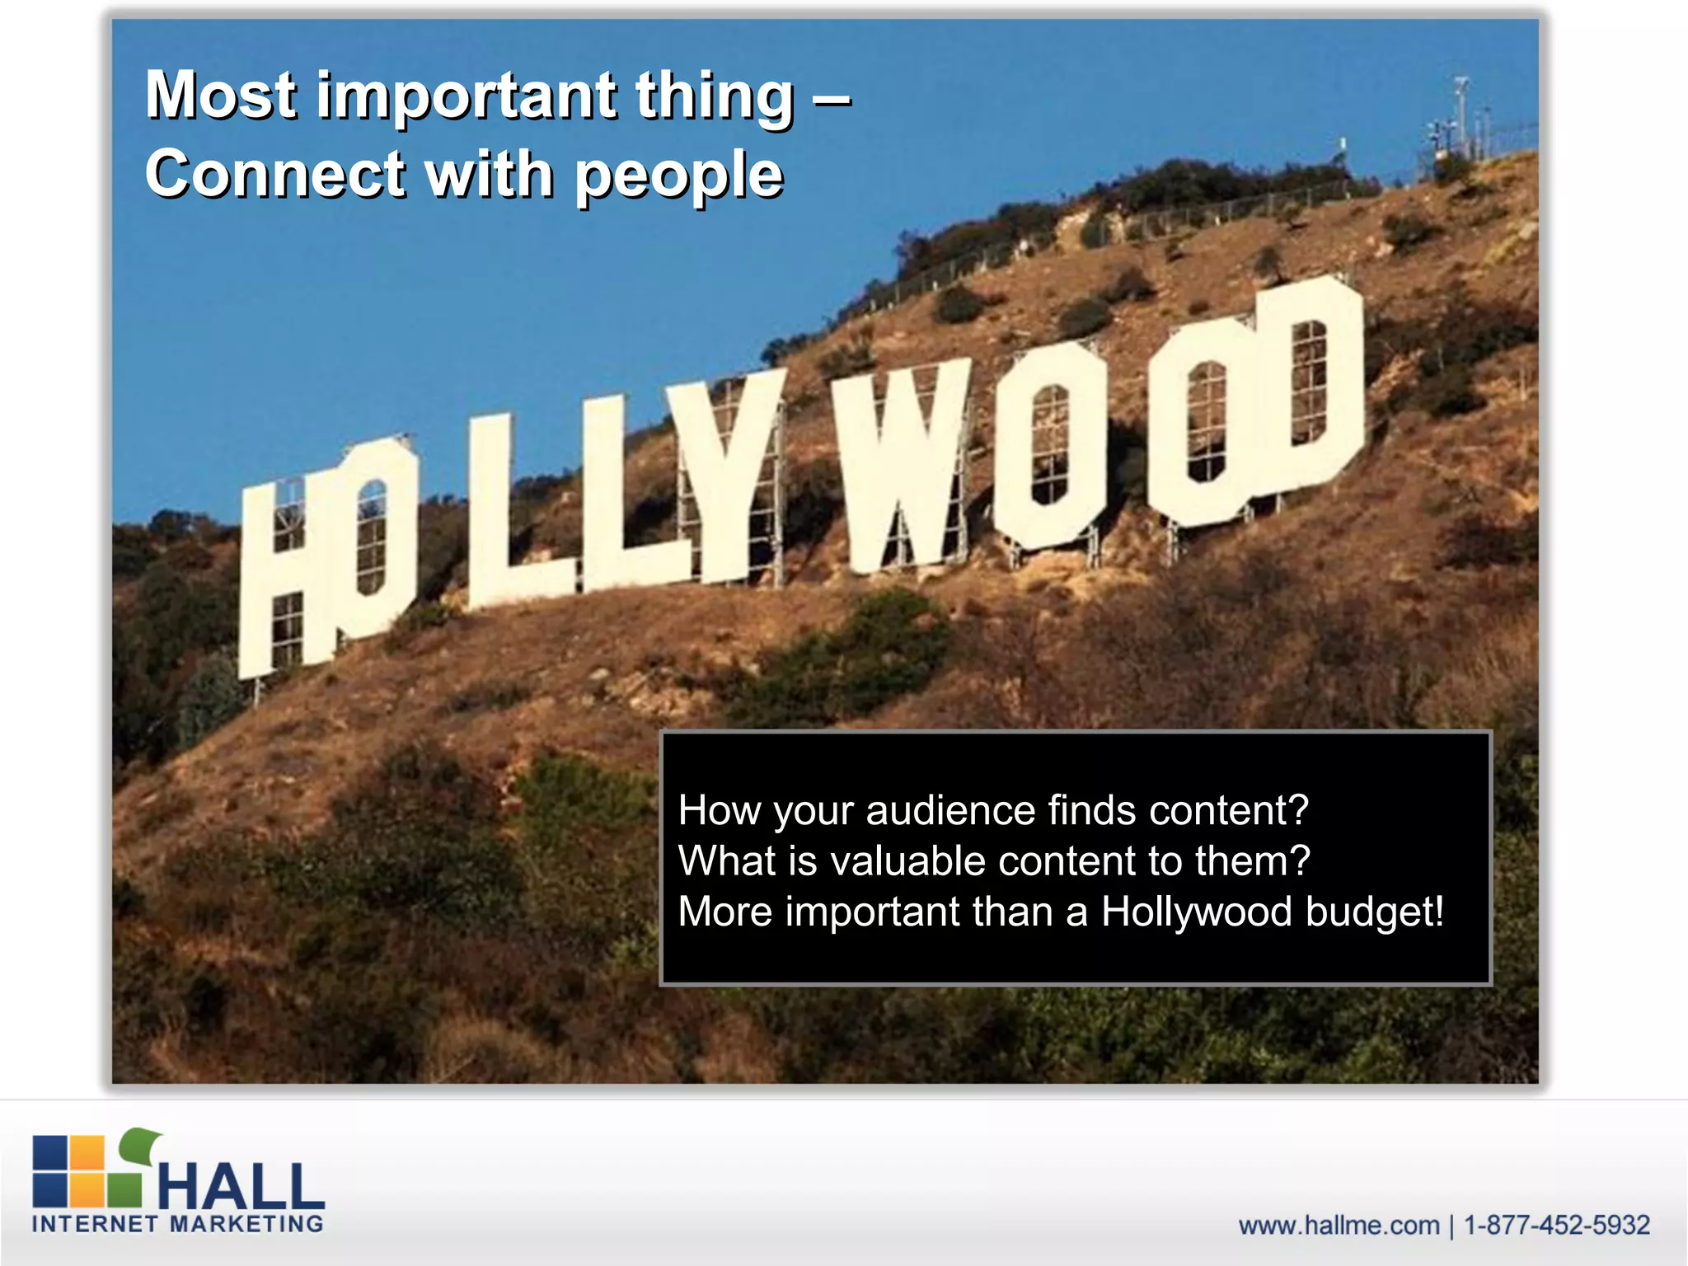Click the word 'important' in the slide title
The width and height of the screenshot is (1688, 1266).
[x=467, y=97]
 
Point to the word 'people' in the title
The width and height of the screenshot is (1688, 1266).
[x=678, y=176]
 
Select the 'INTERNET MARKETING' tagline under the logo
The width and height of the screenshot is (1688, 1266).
[x=177, y=1224]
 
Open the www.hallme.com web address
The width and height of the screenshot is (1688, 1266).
[x=1339, y=1226]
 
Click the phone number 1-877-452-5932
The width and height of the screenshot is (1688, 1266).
[x=1556, y=1226]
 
